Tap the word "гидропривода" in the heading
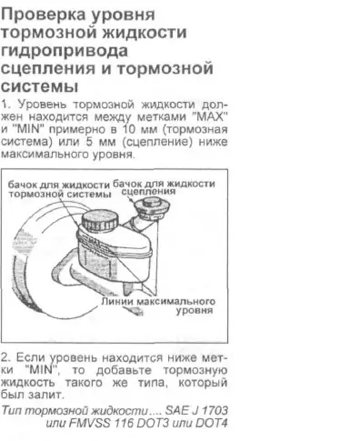coord(64,51)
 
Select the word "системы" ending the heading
coord(39,86)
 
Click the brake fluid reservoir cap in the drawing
coord(100,220)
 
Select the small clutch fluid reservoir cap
coord(152,206)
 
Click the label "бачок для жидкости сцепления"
coord(164,187)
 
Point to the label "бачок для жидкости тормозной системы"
coord(59,189)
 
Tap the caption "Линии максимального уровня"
coord(158,306)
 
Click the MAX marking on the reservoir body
coord(95,242)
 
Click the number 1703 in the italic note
coord(215,411)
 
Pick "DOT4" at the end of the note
coord(212,423)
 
